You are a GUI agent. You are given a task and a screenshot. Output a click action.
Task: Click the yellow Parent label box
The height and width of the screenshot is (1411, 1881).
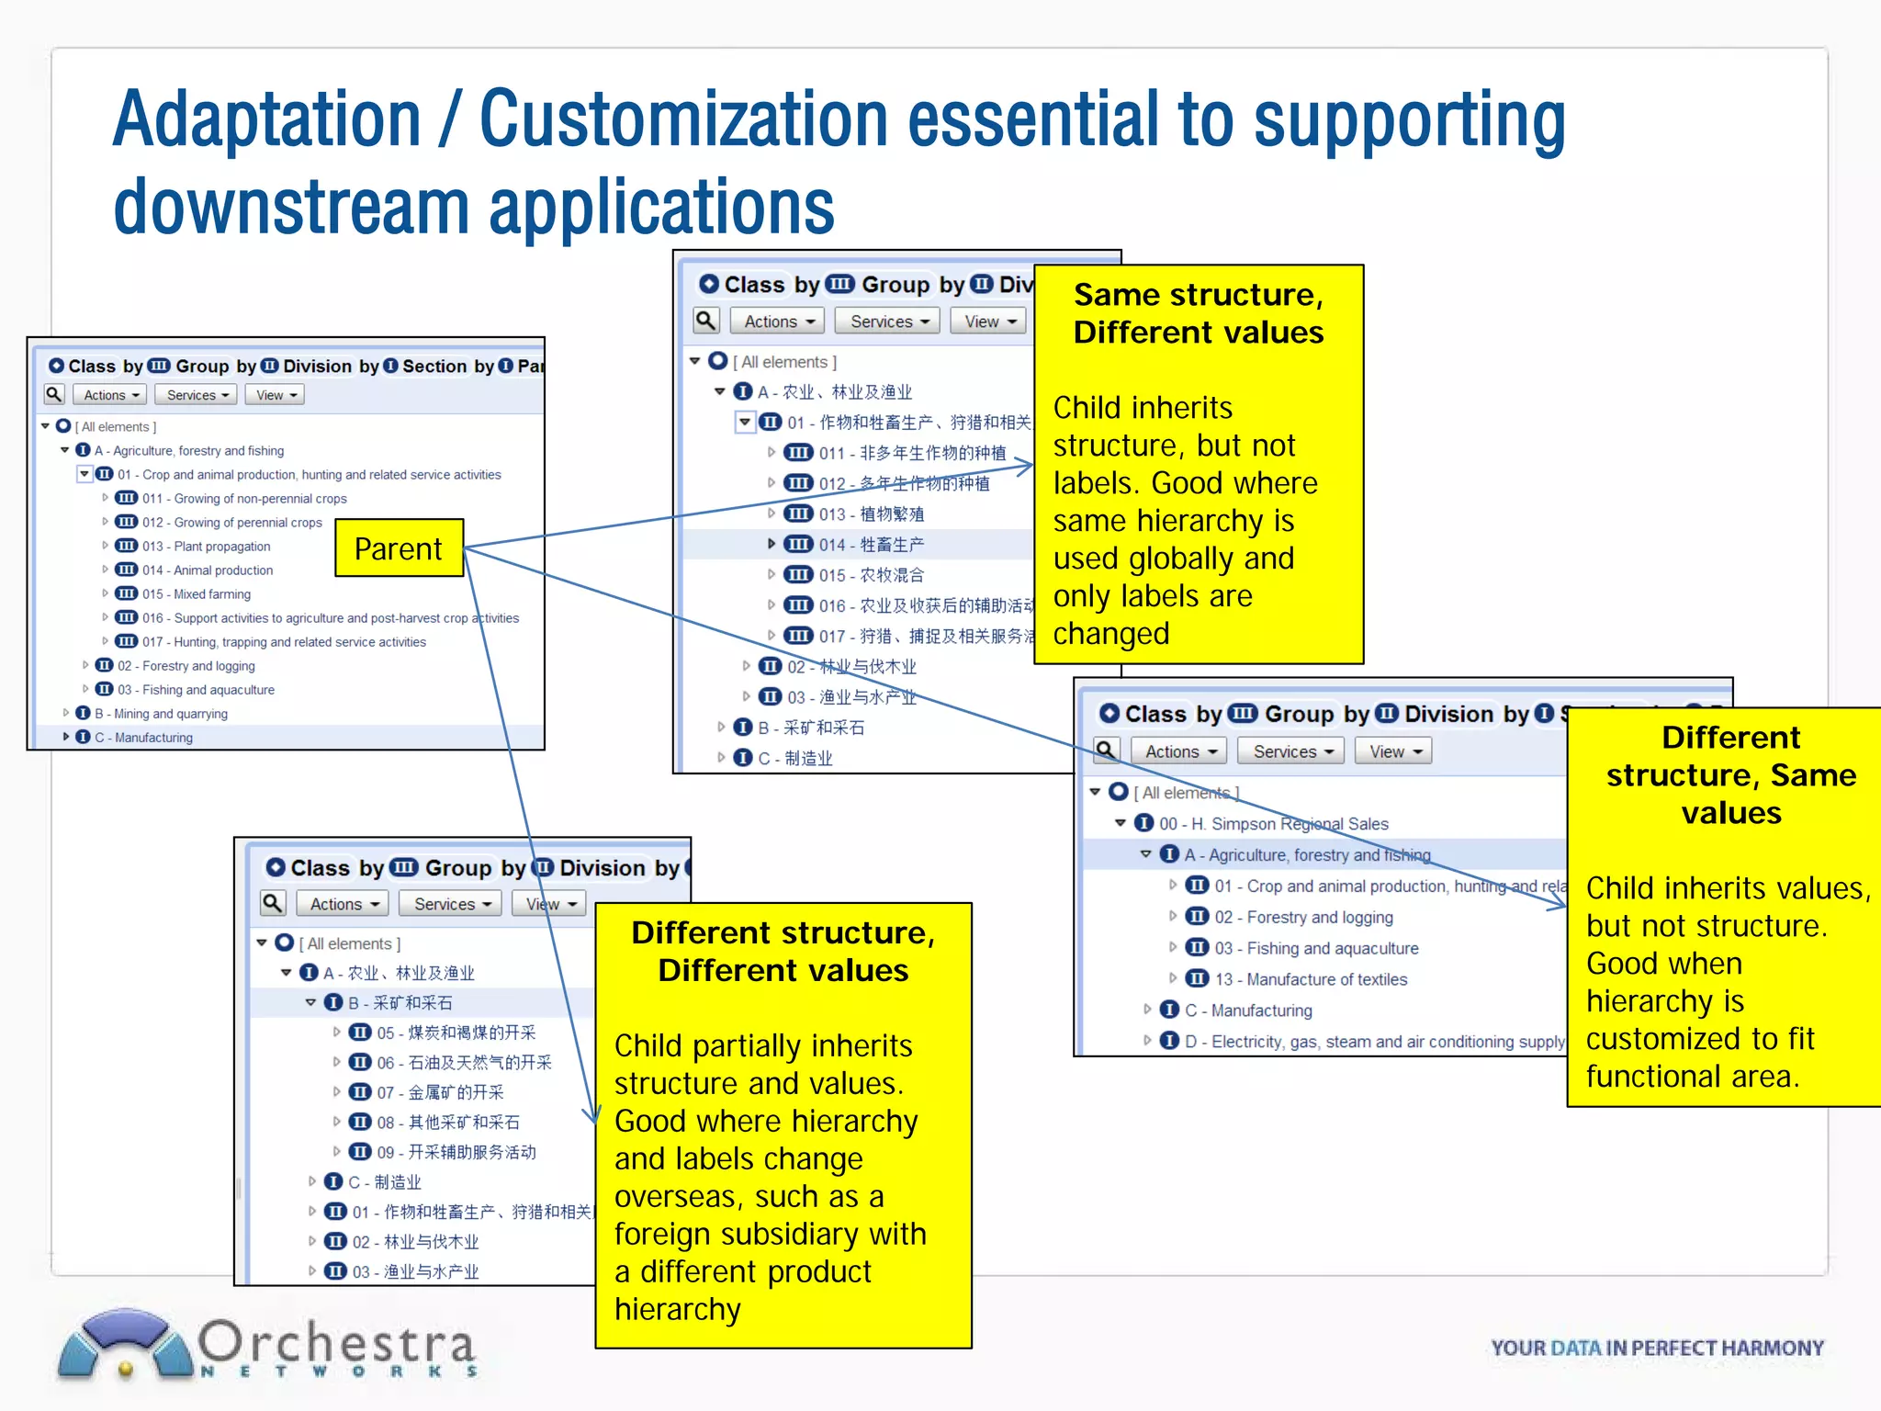[x=399, y=548]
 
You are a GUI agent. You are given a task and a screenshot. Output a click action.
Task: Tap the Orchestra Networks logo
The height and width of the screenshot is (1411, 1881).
[x=266, y=1346]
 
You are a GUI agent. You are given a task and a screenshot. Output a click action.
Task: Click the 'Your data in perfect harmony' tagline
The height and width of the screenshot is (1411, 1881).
[x=1657, y=1348]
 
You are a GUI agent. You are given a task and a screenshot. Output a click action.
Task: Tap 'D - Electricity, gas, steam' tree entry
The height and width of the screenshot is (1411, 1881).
[x=1373, y=1042]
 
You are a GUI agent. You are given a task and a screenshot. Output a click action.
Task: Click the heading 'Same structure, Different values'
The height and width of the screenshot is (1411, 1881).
[x=1199, y=313]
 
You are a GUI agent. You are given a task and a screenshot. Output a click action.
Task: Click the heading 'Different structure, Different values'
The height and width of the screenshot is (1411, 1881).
[x=783, y=952]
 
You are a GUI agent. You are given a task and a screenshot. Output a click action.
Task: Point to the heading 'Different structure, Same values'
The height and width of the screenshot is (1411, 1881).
[x=1731, y=774]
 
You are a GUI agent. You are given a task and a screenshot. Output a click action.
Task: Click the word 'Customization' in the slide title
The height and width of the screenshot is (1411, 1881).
[x=683, y=119]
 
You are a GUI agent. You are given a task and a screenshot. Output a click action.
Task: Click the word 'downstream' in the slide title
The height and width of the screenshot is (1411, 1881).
[x=290, y=208]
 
